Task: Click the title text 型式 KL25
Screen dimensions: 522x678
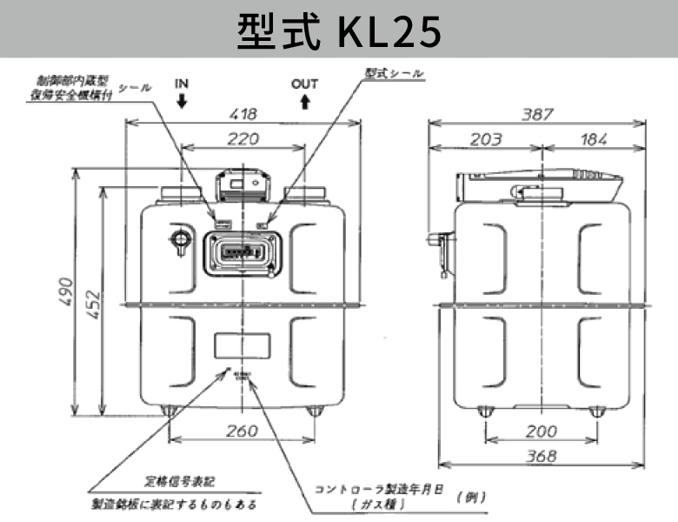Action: tap(339, 31)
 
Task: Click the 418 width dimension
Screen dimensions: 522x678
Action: tap(243, 113)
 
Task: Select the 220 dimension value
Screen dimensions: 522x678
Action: tap(243, 137)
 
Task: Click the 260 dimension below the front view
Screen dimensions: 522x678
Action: tap(243, 431)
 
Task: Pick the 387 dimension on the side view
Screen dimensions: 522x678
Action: tap(539, 113)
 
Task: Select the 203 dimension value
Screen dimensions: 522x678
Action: tap(487, 138)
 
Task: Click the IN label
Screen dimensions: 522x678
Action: tap(181, 84)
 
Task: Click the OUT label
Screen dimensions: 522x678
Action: tap(304, 84)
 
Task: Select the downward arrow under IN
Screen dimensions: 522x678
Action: tap(181, 101)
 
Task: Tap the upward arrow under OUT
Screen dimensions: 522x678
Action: tap(304, 101)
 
